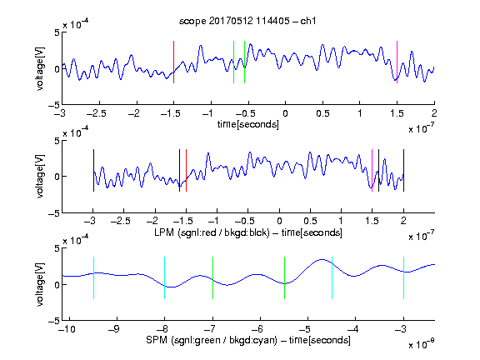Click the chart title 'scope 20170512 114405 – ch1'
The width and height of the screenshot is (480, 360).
click(x=247, y=21)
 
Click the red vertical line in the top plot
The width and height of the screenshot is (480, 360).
click(x=173, y=62)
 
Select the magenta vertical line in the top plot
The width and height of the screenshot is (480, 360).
click(x=397, y=62)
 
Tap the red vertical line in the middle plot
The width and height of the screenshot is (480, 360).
click(x=186, y=171)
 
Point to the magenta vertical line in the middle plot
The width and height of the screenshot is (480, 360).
click(x=372, y=171)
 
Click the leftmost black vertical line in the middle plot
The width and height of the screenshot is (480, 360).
click(x=93, y=171)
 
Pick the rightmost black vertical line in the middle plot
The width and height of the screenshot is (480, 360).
click(x=404, y=171)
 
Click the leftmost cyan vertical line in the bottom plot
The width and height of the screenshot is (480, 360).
click(x=93, y=277)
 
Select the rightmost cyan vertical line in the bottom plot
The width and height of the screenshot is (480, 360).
click(x=404, y=277)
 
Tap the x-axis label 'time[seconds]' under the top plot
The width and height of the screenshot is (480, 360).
click(x=248, y=124)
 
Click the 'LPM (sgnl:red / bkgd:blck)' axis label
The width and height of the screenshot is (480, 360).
click(x=212, y=232)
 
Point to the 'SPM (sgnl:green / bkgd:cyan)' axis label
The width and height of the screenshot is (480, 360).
click(x=212, y=340)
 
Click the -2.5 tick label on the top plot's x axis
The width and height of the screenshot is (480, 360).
click(x=96, y=113)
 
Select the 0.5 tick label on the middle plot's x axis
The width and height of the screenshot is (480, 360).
click(x=310, y=221)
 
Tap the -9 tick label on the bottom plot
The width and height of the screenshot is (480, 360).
click(x=114, y=329)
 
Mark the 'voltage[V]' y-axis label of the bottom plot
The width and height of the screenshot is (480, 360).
click(x=40, y=284)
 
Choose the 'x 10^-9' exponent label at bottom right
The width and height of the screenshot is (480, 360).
click(x=421, y=345)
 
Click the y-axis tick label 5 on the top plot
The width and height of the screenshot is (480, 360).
click(x=57, y=32)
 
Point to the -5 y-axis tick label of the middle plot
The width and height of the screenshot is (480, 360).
click(x=54, y=213)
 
